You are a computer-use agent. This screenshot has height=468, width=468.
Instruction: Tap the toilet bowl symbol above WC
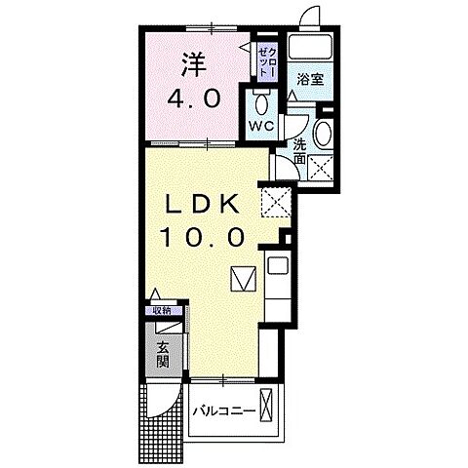click(x=259, y=102)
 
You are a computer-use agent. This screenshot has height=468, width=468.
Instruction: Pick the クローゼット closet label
click(x=266, y=59)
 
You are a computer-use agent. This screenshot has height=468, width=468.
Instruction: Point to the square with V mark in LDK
click(x=243, y=279)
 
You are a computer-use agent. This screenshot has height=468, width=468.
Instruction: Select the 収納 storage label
click(x=161, y=311)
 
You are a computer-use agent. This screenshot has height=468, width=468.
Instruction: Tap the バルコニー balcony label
click(x=223, y=411)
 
